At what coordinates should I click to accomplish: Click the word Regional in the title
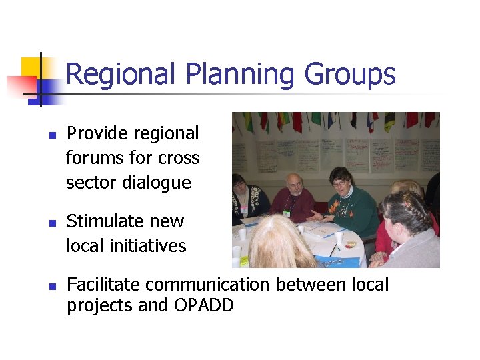(x=122, y=75)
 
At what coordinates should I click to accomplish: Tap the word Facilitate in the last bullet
(x=103, y=285)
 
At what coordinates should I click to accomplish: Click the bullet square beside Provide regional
(x=52, y=135)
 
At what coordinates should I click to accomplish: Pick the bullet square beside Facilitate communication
(x=52, y=286)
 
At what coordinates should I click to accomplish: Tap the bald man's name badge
(x=287, y=213)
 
